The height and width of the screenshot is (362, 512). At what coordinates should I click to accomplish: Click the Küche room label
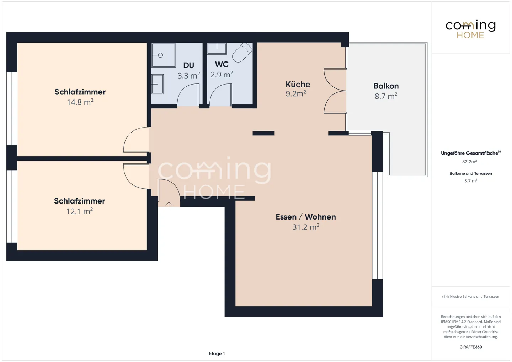298,85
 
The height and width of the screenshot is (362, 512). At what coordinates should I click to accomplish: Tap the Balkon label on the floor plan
386,86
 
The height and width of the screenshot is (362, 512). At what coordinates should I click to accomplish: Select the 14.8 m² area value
80,102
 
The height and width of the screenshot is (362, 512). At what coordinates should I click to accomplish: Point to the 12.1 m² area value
80,211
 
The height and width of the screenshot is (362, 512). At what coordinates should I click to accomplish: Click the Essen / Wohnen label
306,217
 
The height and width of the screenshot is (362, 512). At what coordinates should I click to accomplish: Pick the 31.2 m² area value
306,227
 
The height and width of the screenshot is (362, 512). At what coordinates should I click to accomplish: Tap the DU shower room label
188,66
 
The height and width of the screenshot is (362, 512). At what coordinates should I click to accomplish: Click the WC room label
222,64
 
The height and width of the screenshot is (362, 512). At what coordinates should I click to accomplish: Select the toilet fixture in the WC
242,52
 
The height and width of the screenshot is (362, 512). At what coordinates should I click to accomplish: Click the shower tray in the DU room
164,55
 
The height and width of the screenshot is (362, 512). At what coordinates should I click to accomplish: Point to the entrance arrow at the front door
169,205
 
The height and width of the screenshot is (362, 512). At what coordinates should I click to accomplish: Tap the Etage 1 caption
217,353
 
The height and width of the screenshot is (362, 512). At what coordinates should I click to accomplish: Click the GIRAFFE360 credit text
471,347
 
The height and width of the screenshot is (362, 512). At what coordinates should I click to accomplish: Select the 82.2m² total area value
469,162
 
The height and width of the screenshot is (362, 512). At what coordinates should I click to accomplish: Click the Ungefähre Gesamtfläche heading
471,153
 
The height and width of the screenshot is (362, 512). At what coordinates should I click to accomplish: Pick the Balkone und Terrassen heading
471,173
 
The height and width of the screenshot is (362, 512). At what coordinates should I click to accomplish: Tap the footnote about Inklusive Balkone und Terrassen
471,296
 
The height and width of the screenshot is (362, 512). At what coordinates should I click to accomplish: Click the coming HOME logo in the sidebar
470,29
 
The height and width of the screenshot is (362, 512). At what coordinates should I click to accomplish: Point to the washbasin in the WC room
217,48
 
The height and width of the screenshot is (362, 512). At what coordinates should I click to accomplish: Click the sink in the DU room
158,84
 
